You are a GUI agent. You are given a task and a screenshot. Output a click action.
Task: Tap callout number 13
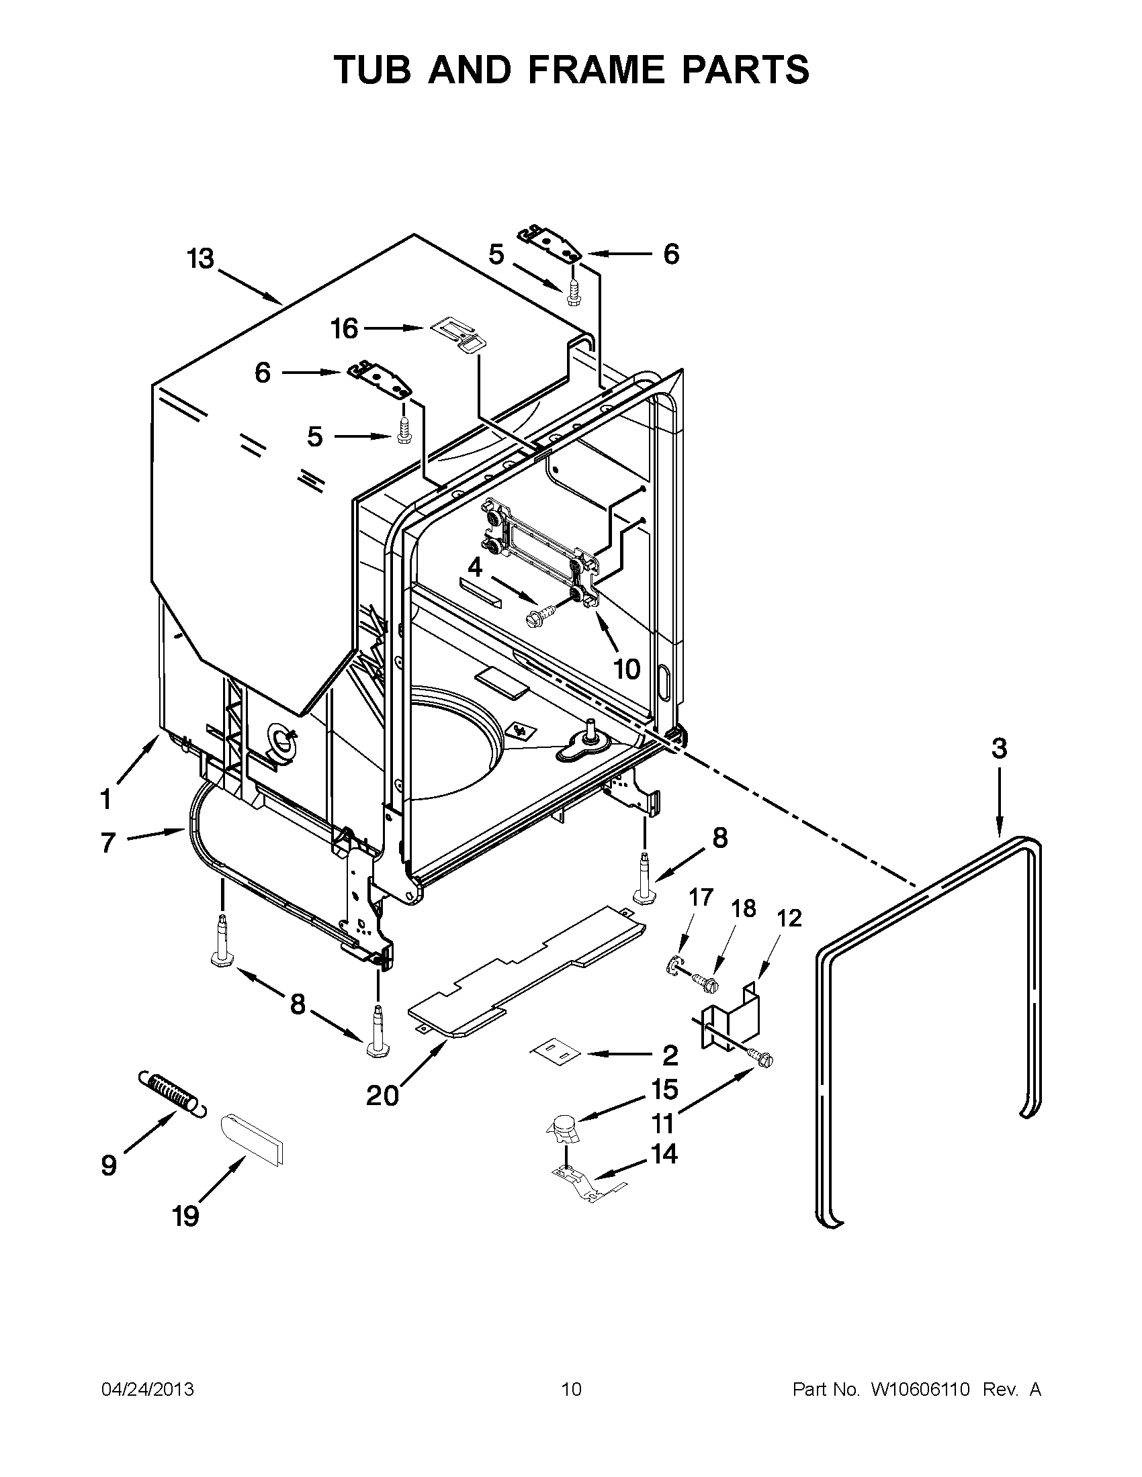pyautogui.click(x=201, y=259)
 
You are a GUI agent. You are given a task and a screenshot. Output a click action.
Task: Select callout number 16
pyautogui.click(x=344, y=329)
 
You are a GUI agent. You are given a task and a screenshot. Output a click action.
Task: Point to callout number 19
pyautogui.click(x=185, y=1216)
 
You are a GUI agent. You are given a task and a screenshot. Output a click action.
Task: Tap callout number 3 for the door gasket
pyautogui.click(x=998, y=749)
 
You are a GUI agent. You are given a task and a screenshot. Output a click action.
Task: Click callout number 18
pyautogui.click(x=744, y=908)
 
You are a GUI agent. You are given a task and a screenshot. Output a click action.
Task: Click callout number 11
pyautogui.click(x=663, y=1123)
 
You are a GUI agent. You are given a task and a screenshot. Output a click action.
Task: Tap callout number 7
pyautogui.click(x=108, y=843)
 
